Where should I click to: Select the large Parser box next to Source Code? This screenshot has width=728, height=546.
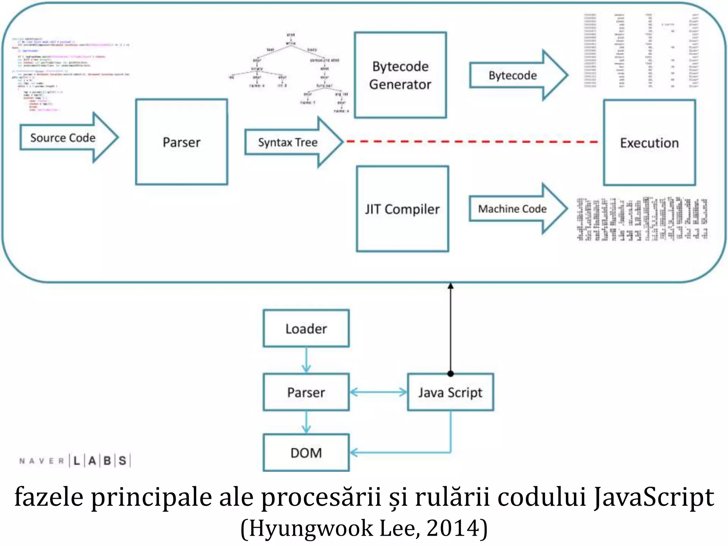[181, 142]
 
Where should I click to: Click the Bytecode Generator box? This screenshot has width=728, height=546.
[400, 75]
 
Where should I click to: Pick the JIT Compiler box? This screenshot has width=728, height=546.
[402, 209]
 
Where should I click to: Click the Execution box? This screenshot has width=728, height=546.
[649, 143]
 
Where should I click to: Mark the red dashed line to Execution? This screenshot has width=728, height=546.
[473, 141]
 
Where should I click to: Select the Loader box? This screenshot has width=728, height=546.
[306, 328]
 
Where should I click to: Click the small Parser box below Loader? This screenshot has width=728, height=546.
[306, 392]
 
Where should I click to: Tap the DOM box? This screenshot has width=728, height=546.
[306, 453]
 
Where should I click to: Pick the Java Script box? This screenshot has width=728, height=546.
[450, 392]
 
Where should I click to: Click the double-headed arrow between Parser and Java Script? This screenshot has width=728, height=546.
[378, 392]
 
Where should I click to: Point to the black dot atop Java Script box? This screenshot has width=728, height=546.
[450, 374]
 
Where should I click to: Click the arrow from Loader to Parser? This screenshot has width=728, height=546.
[306, 360]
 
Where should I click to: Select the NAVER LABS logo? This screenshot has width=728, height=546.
[75, 461]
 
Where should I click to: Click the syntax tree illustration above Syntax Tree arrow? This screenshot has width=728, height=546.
[290, 73]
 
